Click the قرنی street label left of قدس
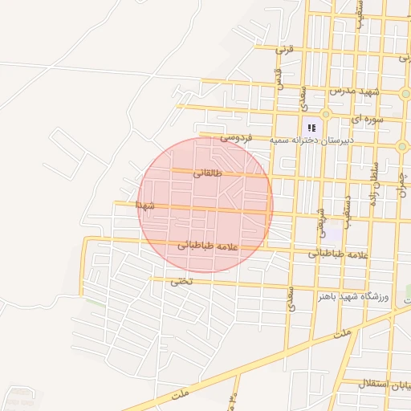click(286, 48)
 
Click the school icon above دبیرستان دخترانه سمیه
click(311, 127)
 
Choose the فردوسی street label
click(238, 138)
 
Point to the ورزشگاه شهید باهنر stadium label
click(352, 297)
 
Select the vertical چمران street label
click(402, 185)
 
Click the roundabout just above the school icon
click(326, 115)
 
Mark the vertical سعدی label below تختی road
click(291, 296)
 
